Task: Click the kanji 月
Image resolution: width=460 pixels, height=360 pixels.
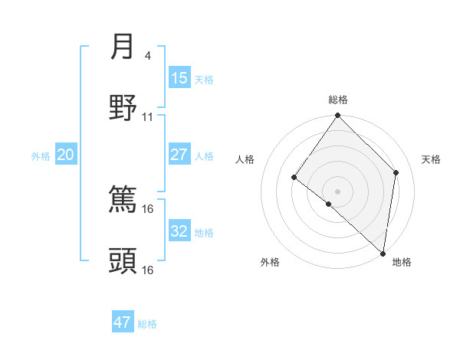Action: (123, 47)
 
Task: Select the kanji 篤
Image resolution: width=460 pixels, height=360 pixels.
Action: (123, 200)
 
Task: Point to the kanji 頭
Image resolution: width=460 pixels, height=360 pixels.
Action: (123, 261)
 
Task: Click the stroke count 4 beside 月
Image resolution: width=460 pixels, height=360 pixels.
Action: (147, 55)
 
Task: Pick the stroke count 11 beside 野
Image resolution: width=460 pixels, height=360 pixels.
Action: (148, 116)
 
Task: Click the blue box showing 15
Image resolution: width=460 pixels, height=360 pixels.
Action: (179, 78)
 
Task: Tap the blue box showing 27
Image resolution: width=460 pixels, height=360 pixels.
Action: (179, 155)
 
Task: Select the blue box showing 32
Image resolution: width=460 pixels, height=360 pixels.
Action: (179, 231)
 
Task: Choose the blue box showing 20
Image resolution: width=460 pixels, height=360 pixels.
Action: (65, 155)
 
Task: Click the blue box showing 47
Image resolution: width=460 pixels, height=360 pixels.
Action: (123, 322)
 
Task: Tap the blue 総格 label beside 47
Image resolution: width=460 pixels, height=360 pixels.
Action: (147, 324)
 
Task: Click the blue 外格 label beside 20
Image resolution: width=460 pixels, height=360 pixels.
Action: (41, 156)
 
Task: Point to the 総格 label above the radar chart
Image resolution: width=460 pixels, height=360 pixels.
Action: (338, 100)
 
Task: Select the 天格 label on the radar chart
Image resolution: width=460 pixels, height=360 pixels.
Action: (431, 159)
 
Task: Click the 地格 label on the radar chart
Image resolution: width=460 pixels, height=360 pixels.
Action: (402, 262)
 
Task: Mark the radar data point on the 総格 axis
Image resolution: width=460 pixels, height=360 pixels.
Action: (338, 116)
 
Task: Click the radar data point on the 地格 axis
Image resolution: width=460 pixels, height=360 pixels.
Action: (383, 253)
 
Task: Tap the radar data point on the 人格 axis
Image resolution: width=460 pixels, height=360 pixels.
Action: (294, 178)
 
